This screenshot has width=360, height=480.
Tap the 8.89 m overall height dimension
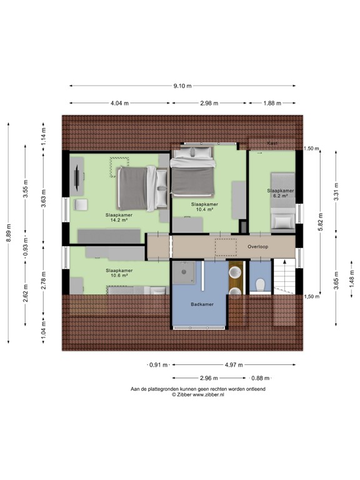tap(9, 231)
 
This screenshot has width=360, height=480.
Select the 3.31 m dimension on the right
tap(336, 186)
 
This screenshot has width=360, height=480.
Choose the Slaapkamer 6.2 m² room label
tap(280, 193)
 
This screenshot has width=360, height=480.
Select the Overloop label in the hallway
tap(257, 247)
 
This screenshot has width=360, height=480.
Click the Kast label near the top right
tap(272, 143)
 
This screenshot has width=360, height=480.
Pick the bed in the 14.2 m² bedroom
tap(136, 188)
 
